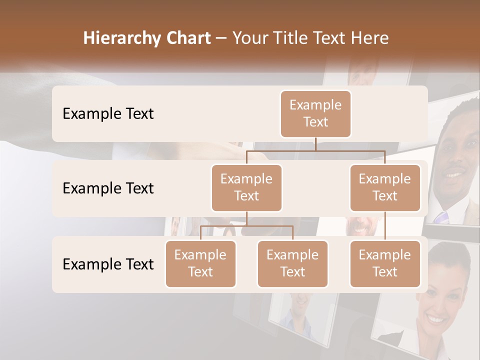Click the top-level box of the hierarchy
(315, 114)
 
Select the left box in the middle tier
(246, 188)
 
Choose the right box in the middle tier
(385, 188)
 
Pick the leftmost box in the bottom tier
(200, 264)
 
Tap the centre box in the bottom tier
(292, 264)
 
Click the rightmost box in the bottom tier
(385, 264)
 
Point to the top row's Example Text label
(108, 114)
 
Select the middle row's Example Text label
(108, 188)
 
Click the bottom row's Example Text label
(108, 264)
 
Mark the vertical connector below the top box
(315, 144)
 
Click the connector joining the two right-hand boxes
(385, 226)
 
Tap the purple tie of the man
(441, 217)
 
